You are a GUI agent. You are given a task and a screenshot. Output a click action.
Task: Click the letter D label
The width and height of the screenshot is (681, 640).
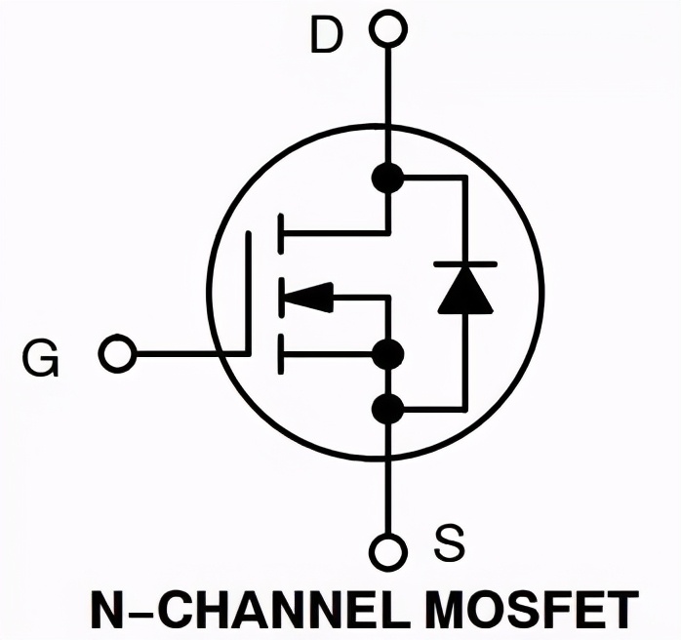click(327, 36)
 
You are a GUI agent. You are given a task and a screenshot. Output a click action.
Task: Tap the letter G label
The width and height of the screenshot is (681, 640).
click(40, 358)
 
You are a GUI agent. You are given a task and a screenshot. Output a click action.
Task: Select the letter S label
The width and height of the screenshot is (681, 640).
click(449, 542)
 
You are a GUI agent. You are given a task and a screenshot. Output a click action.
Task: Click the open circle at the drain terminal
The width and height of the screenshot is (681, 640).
click(388, 28)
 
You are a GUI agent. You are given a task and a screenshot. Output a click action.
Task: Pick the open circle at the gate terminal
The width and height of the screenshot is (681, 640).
click(117, 353)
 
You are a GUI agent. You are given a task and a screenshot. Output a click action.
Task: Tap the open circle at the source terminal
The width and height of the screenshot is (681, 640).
click(388, 551)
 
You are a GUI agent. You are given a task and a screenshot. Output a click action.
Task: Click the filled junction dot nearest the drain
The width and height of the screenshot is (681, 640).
click(388, 178)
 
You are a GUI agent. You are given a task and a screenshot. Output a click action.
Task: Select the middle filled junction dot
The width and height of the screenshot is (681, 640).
click(388, 354)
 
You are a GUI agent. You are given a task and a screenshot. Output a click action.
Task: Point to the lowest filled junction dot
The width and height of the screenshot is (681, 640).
click(388, 409)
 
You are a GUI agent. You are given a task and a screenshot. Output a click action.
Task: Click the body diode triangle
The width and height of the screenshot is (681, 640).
click(465, 290)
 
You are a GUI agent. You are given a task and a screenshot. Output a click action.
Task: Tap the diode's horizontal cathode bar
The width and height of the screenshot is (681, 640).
click(465, 263)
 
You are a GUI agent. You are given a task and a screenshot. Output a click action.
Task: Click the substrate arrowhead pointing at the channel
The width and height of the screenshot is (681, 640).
click(309, 298)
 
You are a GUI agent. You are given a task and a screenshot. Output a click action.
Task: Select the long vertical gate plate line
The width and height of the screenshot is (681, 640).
click(249, 294)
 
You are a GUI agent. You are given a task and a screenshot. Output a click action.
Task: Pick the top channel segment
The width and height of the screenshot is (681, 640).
click(281, 233)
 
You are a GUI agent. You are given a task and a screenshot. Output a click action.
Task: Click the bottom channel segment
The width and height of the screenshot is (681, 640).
click(281, 354)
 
